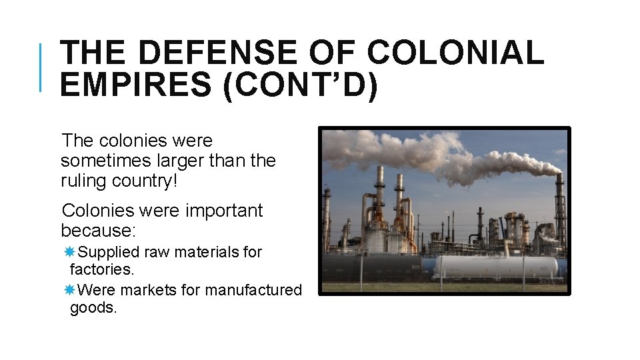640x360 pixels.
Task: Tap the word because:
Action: click(x=98, y=231)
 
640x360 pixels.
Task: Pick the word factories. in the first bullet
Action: click(x=102, y=269)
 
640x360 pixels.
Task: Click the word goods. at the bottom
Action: click(x=93, y=308)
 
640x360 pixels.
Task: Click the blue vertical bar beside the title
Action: click(x=41, y=67)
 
